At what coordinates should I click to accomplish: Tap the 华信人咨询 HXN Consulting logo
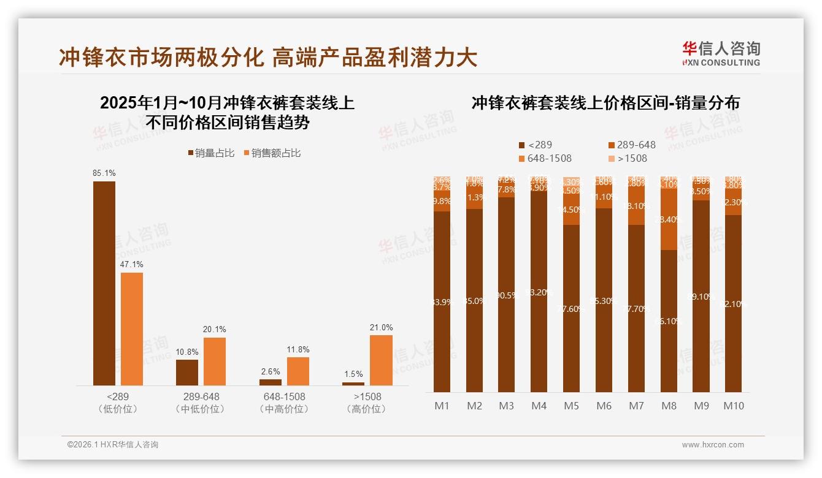pos(721,53)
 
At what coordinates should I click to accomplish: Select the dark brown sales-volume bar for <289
pos(104,283)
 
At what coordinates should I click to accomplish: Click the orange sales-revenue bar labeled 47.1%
pos(132,328)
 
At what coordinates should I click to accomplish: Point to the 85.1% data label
pos(104,173)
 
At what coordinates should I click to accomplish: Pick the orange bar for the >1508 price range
pos(381,360)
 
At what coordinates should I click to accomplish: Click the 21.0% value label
pos(381,328)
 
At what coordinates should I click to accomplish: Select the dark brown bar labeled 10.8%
pos(187,373)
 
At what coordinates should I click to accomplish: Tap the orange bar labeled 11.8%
pos(298,371)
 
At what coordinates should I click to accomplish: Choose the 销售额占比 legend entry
pos(272,153)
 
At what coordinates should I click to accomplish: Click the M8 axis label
pos(669,406)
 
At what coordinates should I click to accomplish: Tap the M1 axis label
pos(442,406)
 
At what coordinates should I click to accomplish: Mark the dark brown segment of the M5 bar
pos(571,308)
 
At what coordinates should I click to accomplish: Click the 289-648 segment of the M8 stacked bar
pos(669,219)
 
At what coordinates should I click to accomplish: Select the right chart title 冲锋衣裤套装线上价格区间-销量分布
pos(605,103)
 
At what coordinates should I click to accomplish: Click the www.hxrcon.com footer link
pos(713,445)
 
